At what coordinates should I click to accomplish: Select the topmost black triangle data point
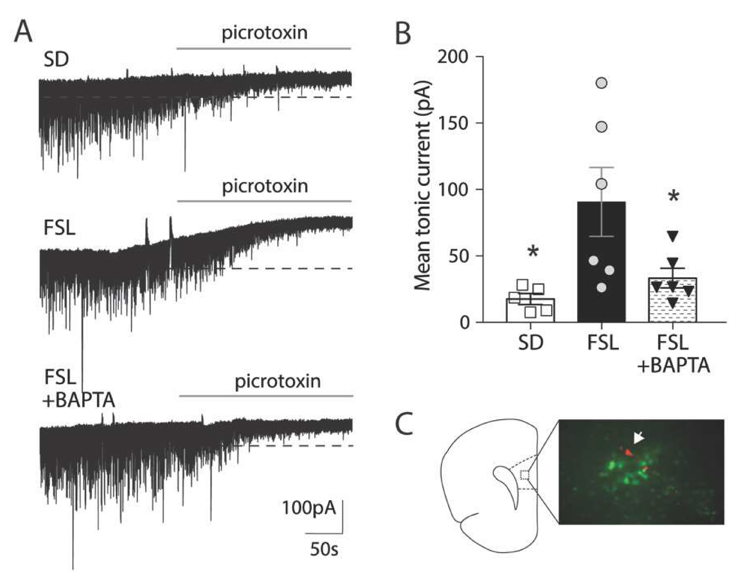(x=672, y=236)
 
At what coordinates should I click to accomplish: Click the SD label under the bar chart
(x=531, y=343)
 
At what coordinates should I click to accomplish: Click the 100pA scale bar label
(x=309, y=508)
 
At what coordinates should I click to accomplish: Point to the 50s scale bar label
(x=324, y=549)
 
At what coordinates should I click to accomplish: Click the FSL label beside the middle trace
(x=59, y=229)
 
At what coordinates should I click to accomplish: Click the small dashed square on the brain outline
(x=525, y=475)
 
